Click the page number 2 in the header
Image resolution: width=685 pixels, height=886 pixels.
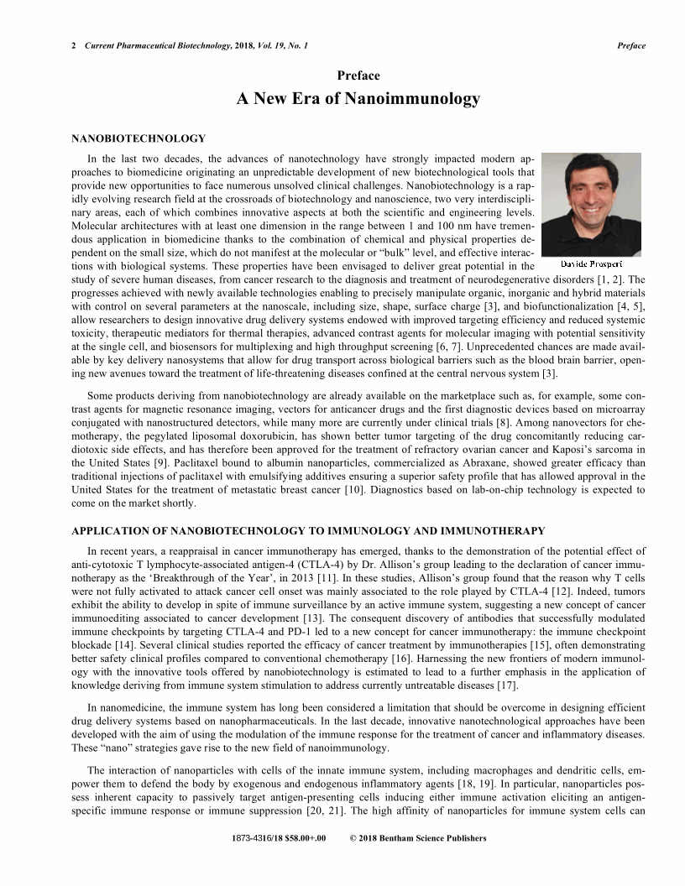coord(75,45)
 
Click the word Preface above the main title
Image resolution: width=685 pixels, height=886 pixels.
coord(358,76)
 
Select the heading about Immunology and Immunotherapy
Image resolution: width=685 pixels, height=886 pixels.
coord(308,531)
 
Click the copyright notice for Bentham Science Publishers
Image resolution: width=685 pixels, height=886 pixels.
coord(417,838)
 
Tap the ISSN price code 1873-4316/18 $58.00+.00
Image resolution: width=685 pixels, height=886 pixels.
coord(279,838)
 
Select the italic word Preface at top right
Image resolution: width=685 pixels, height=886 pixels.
coord(631,45)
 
